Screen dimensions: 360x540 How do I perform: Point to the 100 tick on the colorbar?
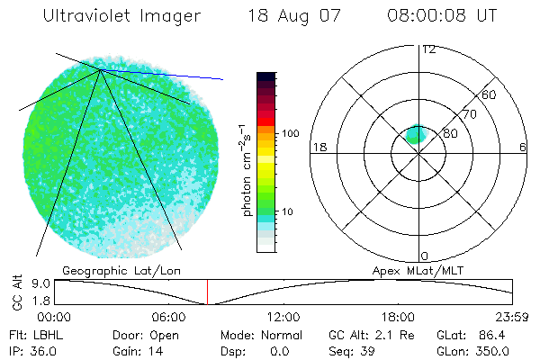pyautogui.click(x=290, y=133)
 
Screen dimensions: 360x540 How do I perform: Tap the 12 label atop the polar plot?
pyautogui.click(x=428, y=49)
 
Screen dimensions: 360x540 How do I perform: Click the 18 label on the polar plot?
pyautogui.click(x=319, y=147)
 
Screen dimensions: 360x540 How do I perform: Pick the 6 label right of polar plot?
pyautogui.click(x=522, y=147)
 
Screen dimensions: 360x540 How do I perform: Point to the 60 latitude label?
pyautogui.click(x=490, y=94)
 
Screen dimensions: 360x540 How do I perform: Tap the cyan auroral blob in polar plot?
pyautogui.click(x=415, y=134)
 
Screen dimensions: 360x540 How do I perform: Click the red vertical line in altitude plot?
pyautogui.click(x=208, y=292)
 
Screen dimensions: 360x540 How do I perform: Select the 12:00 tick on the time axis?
pyautogui.click(x=283, y=316)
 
